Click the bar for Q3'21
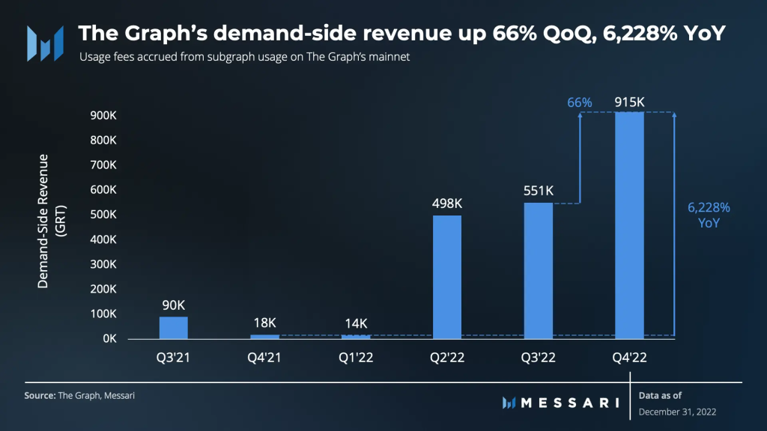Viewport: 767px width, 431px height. [x=174, y=328]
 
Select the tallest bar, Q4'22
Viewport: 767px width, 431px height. [x=629, y=224]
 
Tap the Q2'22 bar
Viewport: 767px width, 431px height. [x=447, y=277]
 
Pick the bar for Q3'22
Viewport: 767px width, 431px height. [x=538, y=270]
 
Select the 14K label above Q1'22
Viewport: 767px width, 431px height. [x=356, y=323]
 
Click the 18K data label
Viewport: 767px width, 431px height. [x=264, y=323]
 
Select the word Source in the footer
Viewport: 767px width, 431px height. [x=40, y=395]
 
